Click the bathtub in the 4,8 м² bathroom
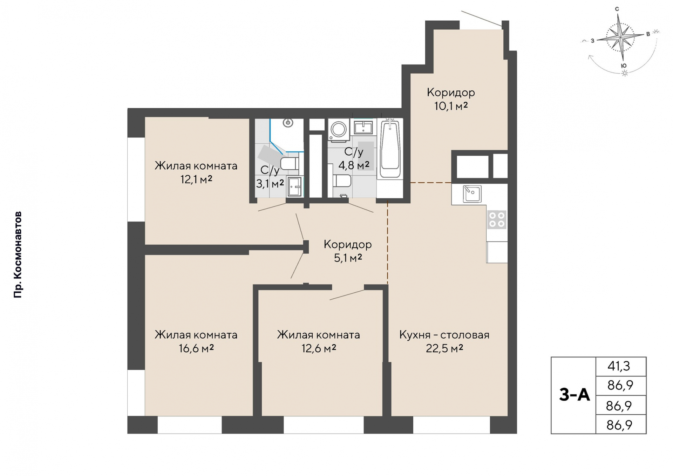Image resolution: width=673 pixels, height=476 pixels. coord(390,149)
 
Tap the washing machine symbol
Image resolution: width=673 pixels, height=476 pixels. coord(339,130)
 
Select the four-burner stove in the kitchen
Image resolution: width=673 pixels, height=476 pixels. coord(497,220)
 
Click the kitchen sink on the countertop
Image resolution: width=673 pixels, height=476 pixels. coord(472,193)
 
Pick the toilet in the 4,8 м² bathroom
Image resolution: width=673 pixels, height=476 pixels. coord(342,181)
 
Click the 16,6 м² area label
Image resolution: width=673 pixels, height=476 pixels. coord(196,348)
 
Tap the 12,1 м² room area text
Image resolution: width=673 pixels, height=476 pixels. coord(196,179)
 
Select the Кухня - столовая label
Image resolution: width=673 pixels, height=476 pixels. coord(444,335)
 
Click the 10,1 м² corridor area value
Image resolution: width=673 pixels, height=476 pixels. coord(451,106)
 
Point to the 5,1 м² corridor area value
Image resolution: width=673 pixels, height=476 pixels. coord(348,258)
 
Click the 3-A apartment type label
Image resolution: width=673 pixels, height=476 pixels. coord(575,395)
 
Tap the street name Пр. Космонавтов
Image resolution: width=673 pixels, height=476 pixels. coord(18,255)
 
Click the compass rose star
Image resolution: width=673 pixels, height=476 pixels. coord(621,36)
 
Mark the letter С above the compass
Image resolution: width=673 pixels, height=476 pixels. coord(617,9)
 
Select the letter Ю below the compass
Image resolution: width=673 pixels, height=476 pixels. coord(624,66)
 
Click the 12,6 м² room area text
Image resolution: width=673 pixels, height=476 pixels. coord(319,348)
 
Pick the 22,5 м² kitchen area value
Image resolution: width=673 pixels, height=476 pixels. coord(444,348)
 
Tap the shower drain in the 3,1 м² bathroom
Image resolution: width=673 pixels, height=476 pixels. coord(288,123)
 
